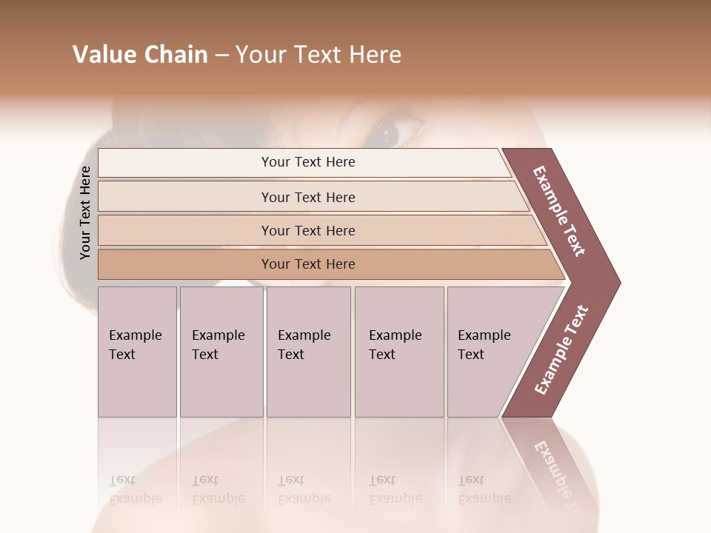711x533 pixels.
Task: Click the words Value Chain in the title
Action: [140, 55]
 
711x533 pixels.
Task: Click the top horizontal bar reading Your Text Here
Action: [307, 162]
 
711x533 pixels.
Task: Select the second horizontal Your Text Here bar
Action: [307, 197]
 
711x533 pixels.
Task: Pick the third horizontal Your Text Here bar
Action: [307, 231]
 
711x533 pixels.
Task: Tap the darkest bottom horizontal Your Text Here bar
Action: [307, 264]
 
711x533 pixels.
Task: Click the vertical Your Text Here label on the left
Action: [85, 213]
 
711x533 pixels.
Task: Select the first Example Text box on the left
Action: [137, 352]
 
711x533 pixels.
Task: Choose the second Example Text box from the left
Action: [221, 352]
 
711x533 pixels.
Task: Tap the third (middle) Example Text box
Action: [308, 352]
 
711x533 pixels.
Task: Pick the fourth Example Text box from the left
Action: [398, 352]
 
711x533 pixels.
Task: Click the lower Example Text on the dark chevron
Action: [561, 350]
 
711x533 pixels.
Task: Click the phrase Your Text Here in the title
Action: [318, 55]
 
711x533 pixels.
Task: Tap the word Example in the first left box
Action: [136, 335]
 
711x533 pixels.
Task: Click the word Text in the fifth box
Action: [471, 355]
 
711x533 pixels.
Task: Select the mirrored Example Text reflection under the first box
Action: [136, 489]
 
